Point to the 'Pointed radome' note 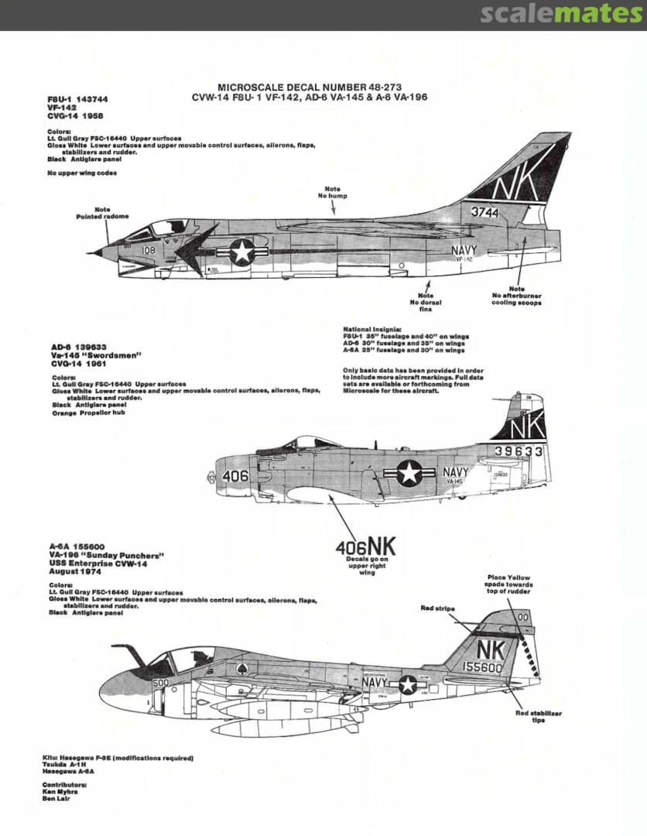[x=102, y=213]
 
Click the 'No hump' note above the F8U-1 [x=332, y=193]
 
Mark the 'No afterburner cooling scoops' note [x=516, y=296]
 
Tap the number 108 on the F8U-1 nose [x=149, y=250]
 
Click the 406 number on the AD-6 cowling [x=234, y=477]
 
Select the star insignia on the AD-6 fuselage [x=409, y=474]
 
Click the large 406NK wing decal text [x=365, y=547]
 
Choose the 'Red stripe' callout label [x=438, y=609]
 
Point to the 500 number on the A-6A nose [x=160, y=683]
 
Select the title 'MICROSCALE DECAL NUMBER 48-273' [x=310, y=87]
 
